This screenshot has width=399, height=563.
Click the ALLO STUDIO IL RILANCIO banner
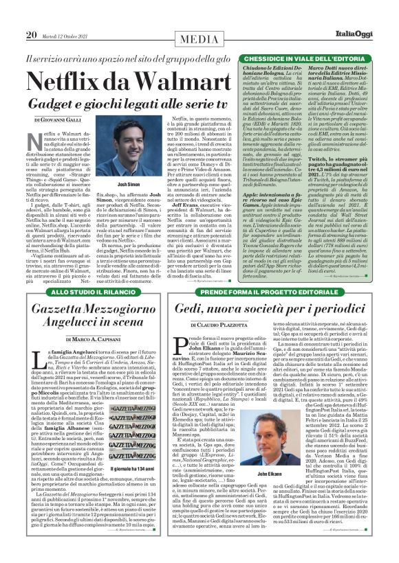pyautogui.click(x=78, y=292)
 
